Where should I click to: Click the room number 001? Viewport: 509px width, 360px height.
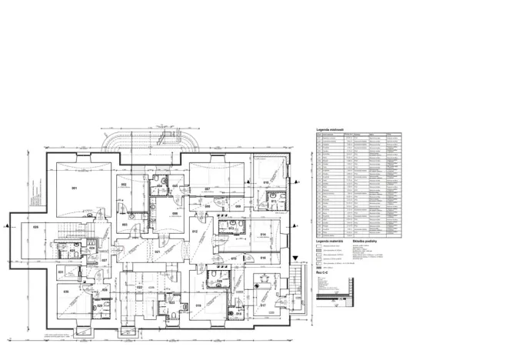(x=75, y=188)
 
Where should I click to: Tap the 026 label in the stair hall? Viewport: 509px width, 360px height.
(x=35, y=228)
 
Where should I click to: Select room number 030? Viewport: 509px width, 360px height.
(x=66, y=292)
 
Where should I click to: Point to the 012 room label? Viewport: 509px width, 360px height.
(x=195, y=232)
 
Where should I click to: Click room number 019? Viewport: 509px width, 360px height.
(x=198, y=305)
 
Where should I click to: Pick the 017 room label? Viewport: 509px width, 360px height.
(x=263, y=305)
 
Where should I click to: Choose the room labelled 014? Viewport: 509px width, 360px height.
(x=262, y=234)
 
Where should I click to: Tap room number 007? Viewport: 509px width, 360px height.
(x=208, y=188)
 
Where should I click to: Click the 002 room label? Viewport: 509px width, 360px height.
(x=123, y=185)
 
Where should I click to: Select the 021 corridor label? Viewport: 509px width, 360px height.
(x=157, y=252)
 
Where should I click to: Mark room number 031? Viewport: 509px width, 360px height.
(x=61, y=272)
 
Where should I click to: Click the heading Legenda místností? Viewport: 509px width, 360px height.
(x=330, y=129)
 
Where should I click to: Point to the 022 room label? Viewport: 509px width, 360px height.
(x=140, y=287)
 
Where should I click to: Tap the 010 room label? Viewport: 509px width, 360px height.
(x=266, y=182)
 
